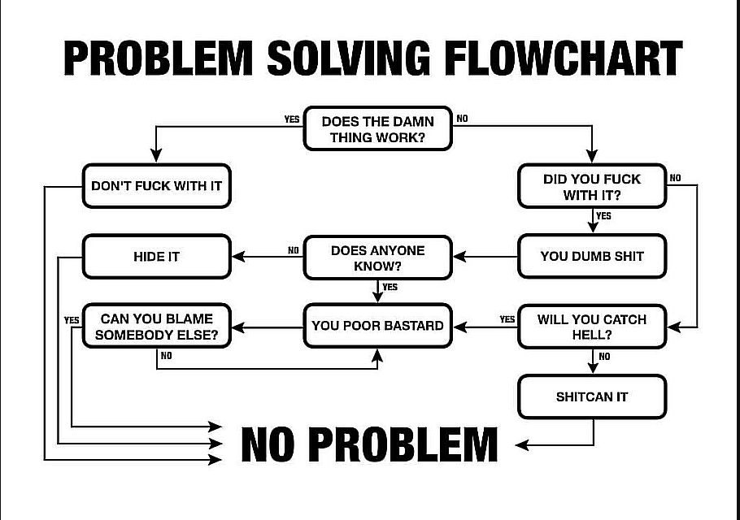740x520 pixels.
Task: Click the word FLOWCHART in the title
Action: coord(564,58)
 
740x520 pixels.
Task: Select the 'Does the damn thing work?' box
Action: coord(377,128)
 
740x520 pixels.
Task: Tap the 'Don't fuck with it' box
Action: coord(157,186)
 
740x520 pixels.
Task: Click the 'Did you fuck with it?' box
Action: coord(592,186)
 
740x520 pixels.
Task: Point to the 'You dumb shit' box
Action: coord(592,256)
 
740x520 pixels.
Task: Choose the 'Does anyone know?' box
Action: coord(377,258)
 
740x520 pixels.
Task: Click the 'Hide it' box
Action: coord(157,257)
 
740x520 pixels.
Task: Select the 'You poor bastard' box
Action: coord(377,326)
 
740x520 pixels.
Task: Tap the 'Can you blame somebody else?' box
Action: coord(157,327)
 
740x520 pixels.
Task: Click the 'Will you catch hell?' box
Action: coord(592,327)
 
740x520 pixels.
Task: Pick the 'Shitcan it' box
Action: coord(592,396)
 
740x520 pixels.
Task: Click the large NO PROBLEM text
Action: coord(369,444)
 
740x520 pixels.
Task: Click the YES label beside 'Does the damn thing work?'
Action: coord(292,119)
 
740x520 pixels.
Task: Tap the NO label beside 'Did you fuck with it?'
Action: coord(675,178)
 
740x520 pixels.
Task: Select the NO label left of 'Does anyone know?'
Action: coord(294,250)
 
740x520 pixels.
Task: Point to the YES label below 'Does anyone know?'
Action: coord(390,287)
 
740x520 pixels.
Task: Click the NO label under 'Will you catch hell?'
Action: coord(604,357)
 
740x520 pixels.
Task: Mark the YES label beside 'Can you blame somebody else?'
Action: coord(72,320)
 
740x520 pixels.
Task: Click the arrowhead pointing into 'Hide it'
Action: coord(237,257)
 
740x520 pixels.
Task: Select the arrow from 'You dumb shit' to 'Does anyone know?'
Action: coord(485,257)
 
